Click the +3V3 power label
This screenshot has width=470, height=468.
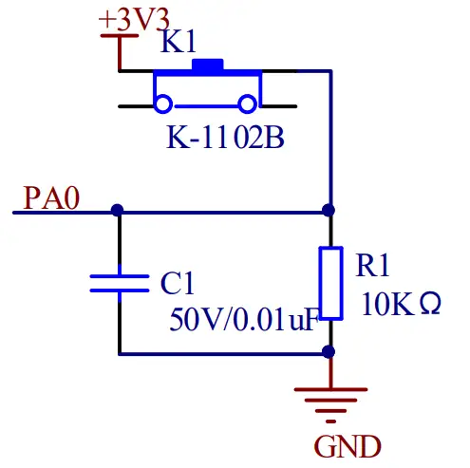point(135,18)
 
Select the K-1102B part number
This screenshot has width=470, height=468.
point(225,137)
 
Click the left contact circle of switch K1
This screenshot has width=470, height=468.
point(163,103)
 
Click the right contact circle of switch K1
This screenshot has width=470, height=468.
point(249,103)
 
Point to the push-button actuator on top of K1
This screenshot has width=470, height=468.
point(207,66)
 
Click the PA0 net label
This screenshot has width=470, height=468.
point(53,197)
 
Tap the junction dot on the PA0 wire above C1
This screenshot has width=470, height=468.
point(118,210)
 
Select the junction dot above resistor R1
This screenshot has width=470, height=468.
point(329,210)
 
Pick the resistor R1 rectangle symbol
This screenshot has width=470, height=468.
point(329,282)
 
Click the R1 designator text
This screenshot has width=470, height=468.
point(372,266)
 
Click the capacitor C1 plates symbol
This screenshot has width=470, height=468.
point(119,283)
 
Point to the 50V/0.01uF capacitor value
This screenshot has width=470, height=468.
point(242,320)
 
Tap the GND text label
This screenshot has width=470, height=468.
point(348,445)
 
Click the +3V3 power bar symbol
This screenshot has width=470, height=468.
point(119,36)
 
